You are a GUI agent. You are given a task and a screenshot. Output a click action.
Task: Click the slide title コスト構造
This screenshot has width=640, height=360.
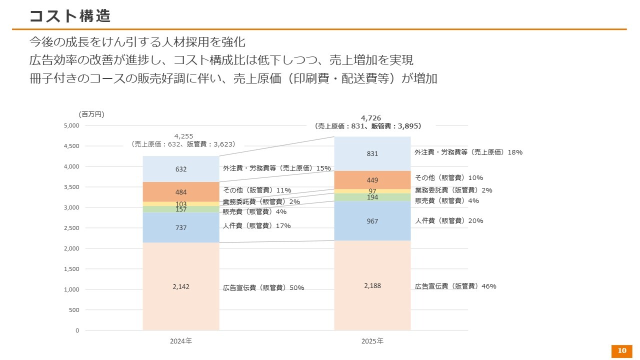pos(69,16)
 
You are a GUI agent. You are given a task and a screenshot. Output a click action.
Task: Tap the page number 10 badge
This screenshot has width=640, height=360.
pos(622,351)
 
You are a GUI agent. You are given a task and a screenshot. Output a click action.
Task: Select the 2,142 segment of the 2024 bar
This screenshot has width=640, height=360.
pos(181,286)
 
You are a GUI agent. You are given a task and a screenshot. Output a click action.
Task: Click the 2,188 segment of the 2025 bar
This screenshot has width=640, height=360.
pos(372,285)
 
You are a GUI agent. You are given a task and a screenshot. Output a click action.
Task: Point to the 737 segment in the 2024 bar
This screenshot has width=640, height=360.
pos(181,228)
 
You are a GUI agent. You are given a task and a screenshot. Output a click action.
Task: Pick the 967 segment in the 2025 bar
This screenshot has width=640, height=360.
pos(372,221)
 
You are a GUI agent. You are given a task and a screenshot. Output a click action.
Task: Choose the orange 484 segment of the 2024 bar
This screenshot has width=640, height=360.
pos(181,192)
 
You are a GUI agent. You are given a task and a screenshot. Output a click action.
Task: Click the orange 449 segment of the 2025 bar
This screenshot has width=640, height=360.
pos(372,180)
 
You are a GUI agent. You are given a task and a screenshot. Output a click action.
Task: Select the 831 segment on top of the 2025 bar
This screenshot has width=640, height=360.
pos(372,154)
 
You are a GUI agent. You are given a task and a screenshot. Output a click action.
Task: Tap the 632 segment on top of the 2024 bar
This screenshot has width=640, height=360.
pos(181,169)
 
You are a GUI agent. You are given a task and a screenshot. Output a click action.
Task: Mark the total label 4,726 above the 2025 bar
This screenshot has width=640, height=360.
pos(370,118)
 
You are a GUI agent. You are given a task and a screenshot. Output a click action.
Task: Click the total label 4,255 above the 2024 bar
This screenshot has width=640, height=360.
pos(183,136)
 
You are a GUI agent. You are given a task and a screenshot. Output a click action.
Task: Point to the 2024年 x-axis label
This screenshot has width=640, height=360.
pos(181,341)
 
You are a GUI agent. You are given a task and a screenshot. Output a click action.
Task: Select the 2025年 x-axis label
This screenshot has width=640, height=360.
pos(372,341)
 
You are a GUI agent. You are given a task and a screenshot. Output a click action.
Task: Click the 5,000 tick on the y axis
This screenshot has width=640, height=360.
pos(71,125)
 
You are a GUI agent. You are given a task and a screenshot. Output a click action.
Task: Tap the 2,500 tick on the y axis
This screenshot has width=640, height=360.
pos(71,228)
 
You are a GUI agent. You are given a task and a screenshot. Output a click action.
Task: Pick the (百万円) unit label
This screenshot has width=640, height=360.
pos(91,114)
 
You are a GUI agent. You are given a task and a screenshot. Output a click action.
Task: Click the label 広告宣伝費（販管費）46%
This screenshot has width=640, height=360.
pos(455,286)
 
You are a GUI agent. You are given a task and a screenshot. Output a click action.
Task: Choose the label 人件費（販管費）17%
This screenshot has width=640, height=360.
pos(256,226)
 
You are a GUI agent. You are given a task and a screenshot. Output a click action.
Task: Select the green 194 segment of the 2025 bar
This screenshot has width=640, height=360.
pos(372,197)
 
